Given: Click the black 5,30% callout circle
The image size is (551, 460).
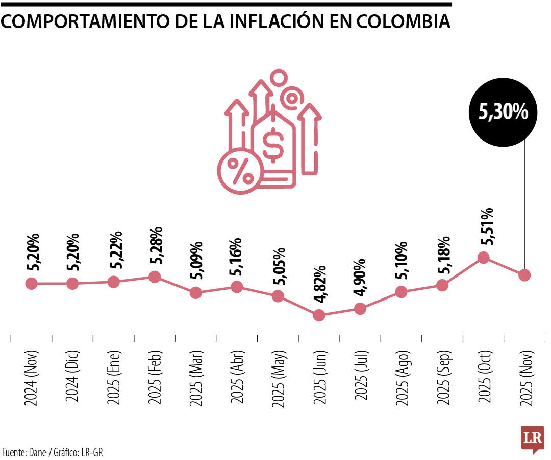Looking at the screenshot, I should click(x=503, y=112).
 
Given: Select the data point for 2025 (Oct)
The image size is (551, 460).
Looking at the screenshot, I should click(x=484, y=257).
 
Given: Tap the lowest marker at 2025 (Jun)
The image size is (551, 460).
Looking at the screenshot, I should click(x=319, y=315).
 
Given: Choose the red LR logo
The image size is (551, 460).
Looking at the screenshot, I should click(x=533, y=439).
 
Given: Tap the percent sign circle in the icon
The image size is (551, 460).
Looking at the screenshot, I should click(x=239, y=171).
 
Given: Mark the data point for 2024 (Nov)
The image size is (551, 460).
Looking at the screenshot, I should click(x=31, y=284).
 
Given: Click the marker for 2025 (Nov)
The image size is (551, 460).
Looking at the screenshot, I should click(x=524, y=275).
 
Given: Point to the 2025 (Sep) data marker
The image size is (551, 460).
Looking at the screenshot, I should click(x=442, y=285).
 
